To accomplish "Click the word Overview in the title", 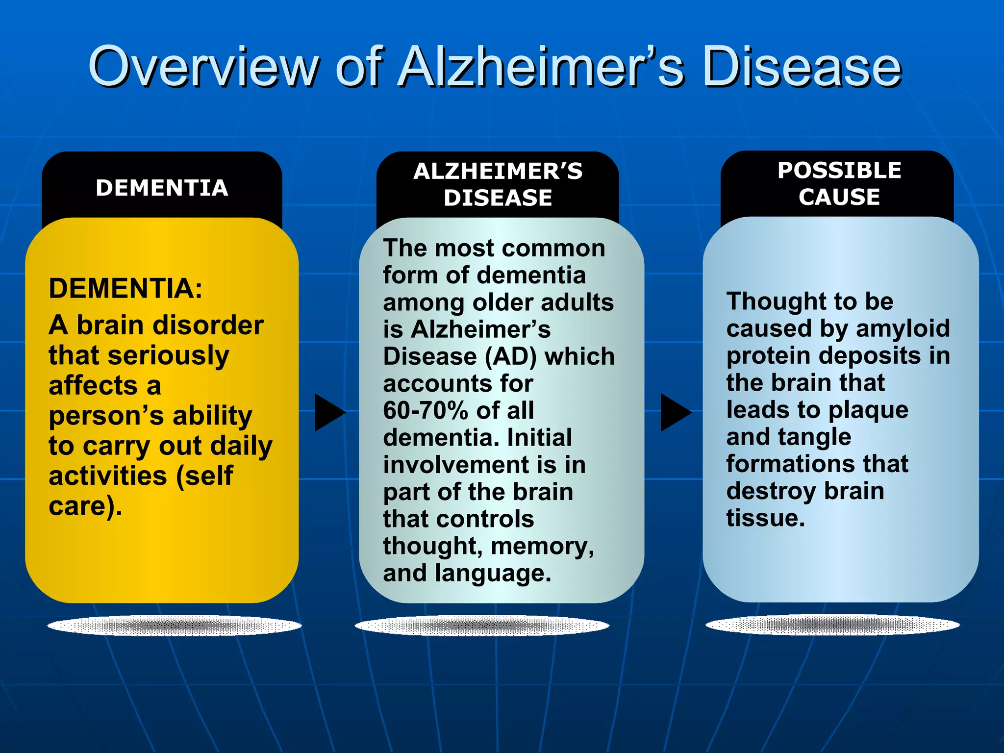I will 203,66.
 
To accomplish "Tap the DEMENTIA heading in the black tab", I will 162,188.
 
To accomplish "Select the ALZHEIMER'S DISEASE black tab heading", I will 498,184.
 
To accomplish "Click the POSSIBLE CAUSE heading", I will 839,183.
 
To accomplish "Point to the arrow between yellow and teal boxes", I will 329,412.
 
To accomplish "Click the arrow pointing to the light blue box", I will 675,412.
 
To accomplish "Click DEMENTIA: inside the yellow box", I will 125,288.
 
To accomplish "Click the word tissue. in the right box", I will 765,518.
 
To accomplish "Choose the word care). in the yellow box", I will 85,506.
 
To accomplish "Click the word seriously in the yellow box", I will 168,355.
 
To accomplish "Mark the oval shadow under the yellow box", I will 174,626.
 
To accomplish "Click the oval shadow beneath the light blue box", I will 832,625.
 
